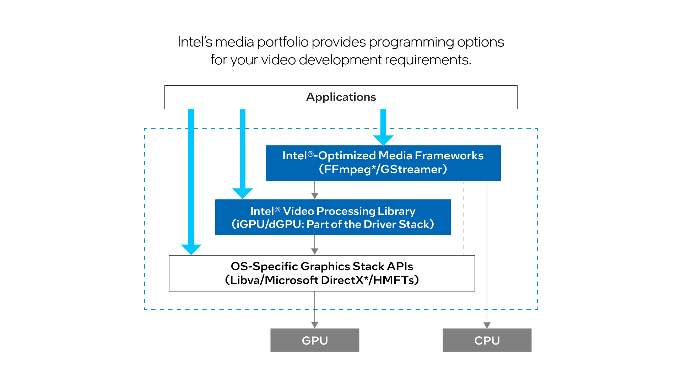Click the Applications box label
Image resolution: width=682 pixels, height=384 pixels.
coord(341,97)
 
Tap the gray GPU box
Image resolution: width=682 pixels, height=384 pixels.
coord(315,340)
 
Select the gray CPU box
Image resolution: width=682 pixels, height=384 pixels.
coord(487,340)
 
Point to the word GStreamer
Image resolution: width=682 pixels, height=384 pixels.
coord(412,169)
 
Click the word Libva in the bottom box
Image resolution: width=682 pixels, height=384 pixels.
coord(245,280)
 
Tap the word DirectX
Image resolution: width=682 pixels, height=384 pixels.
coord(342,280)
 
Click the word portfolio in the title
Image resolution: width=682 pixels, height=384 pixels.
coord(283,42)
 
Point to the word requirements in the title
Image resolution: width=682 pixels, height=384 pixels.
coord(426,60)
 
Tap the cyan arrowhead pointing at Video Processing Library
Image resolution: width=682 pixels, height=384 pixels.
coord(243,193)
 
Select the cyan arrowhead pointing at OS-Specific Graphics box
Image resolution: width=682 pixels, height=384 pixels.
coord(191,249)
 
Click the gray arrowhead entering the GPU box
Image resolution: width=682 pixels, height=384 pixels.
coord(315,325)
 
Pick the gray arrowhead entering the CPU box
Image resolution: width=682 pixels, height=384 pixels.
coord(487,325)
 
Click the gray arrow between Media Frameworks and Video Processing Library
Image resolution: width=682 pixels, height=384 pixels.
coord(315,191)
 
